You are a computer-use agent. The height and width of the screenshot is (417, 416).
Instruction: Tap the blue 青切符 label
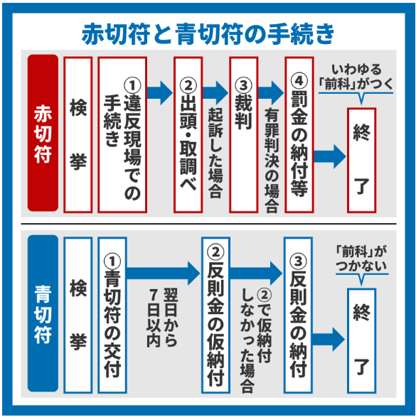pos(43,315)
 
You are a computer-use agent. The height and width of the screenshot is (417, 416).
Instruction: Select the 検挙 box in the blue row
pos(78,315)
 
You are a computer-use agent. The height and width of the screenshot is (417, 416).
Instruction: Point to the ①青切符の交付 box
pos(113,315)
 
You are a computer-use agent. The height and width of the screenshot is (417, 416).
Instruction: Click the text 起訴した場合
pos(215,153)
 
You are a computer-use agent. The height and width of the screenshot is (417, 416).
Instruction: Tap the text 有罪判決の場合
pos(271,160)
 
